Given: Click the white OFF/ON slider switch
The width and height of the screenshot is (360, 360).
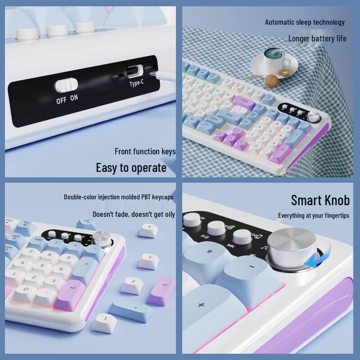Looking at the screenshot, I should pyautogui.click(x=67, y=85).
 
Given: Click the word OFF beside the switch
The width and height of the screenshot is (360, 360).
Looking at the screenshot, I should pyautogui.click(x=61, y=100).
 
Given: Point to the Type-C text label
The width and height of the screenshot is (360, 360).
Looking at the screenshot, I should pyautogui.click(x=136, y=84).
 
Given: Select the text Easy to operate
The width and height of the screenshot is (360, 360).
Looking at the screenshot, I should pyautogui.click(x=131, y=168).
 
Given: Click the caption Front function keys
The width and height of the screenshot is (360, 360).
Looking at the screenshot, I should pyautogui.click(x=145, y=152).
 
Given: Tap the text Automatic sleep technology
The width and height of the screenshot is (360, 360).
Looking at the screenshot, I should pyautogui.click(x=305, y=22).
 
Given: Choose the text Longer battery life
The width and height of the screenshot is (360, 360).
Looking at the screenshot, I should pyautogui.click(x=317, y=38).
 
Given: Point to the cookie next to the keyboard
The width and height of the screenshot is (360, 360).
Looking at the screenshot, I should pyautogui.click(x=270, y=81).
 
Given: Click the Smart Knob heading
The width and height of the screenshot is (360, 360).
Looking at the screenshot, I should pyautogui.click(x=320, y=200).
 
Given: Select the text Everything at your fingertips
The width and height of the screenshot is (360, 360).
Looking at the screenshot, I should pyautogui.click(x=313, y=216).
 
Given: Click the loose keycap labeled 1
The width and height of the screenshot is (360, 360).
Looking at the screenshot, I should pyautogui.click(x=104, y=322).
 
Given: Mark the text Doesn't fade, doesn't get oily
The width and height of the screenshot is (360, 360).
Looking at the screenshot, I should pyautogui.click(x=134, y=214).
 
